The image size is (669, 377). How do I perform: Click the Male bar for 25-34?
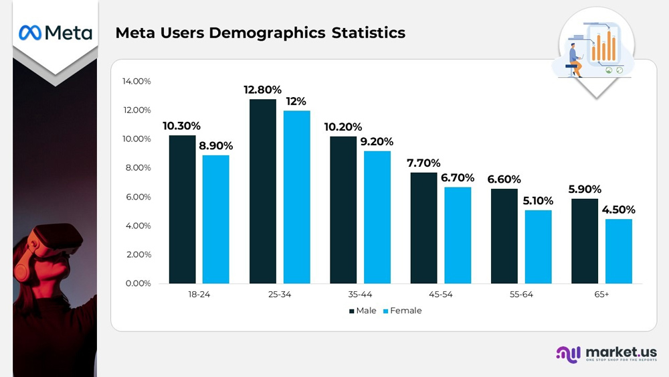click(x=263, y=191)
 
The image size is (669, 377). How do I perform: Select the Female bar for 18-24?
click(x=216, y=219)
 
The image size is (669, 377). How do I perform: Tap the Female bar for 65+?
click(x=619, y=250)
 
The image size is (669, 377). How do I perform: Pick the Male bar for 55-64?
click(x=504, y=236)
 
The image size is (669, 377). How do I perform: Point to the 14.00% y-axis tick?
click(x=136, y=81)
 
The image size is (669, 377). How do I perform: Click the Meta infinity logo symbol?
click(x=30, y=32)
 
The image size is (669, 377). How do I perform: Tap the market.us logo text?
click(x=620, y=352)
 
